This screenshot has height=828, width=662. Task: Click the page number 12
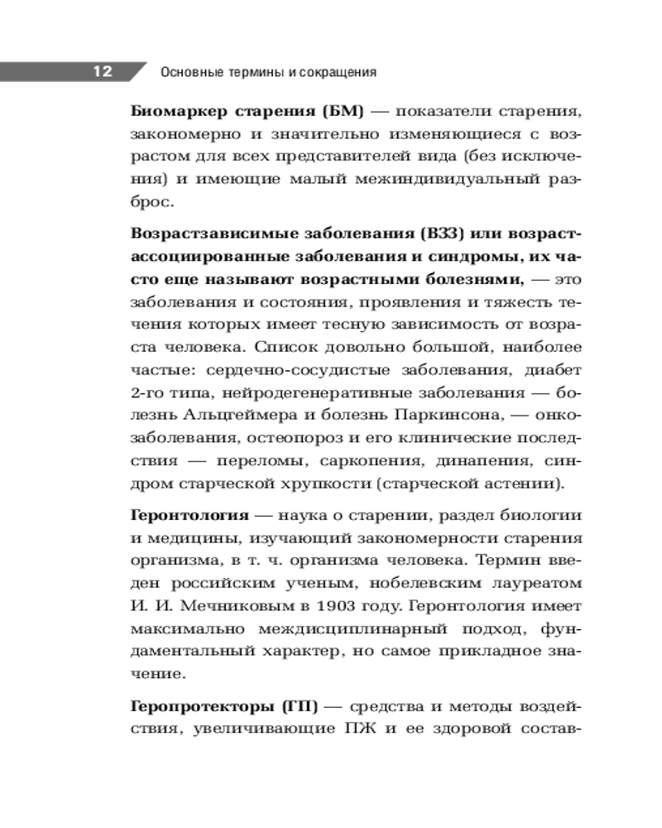point(102,71)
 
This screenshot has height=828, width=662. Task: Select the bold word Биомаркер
point(172,111)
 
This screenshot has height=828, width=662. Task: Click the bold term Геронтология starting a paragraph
point(178,515)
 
